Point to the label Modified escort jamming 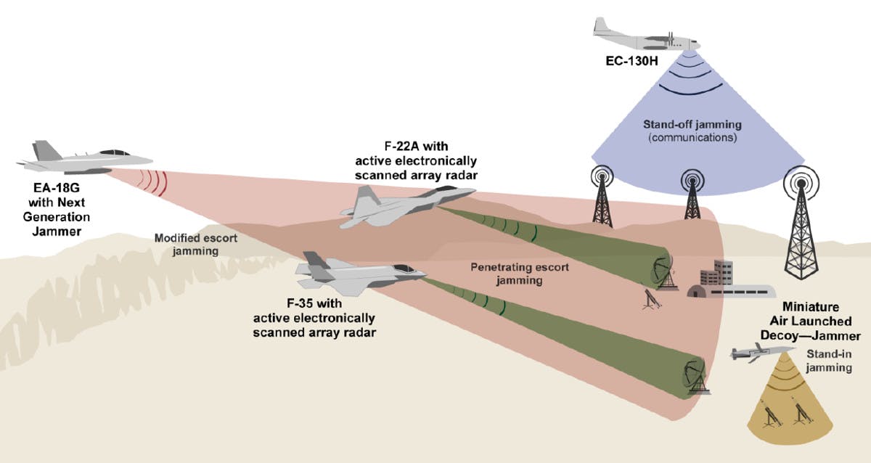pos(187,244)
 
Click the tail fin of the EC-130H pos(601,27)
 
